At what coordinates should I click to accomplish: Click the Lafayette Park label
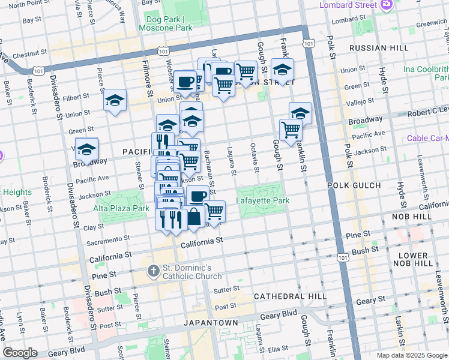[x=263, y=200]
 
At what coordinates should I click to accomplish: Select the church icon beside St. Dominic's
[x=154, y=270]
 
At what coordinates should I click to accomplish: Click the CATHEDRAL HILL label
[x=290, y=296]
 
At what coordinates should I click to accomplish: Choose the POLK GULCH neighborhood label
[x=351, y=186]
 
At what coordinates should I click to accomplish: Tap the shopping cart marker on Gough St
[x=291, y=129]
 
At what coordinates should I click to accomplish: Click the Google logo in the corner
[x=20, y=353]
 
